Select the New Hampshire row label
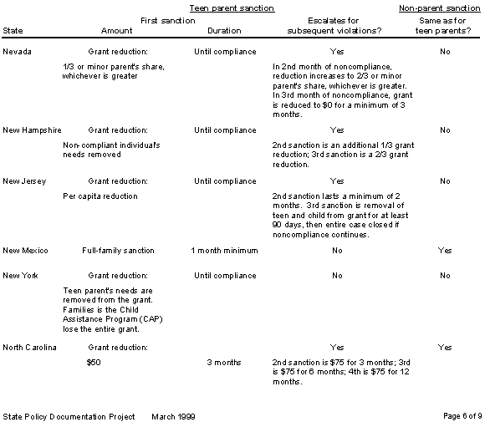pos(32,130)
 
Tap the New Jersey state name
pos(24,181)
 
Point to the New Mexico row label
pos(25,251)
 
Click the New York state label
pos(20,275)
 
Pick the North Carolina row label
pos(29,347)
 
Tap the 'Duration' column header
pos(223,31)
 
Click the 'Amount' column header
pos(117,31)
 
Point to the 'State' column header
pos(13,31)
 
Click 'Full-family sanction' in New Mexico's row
pos(117,251)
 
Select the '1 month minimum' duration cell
pos(224,251)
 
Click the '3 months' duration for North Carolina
pos(223,363)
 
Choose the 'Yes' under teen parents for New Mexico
pos(445,251)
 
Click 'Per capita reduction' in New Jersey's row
pos(100,196)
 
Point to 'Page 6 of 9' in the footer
pos(461,415)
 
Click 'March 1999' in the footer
pos(174,415)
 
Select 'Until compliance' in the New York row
pos(224,275)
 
